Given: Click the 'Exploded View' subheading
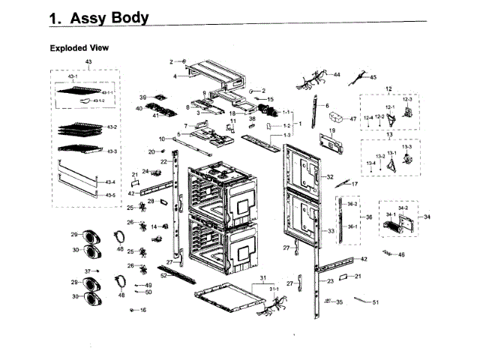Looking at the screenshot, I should (79, 48).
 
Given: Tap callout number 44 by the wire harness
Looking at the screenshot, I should (337, 75).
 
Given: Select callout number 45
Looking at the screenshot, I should (373, 77).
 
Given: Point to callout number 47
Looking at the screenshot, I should (353, 119).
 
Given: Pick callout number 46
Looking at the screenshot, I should (401, 255).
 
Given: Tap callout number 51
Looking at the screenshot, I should (376, 302).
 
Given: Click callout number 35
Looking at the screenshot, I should (339, 302).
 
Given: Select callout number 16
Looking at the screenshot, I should (142, 310).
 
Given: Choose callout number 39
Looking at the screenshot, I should (142, 98).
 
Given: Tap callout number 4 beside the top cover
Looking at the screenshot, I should (174, 76).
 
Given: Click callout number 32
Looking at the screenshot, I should (329, 177).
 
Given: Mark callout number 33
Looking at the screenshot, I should (330, 232).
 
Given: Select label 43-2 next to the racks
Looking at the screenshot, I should (112, 127).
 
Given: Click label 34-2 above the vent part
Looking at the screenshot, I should (402, 208).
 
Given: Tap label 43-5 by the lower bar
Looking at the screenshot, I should (110, 196).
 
